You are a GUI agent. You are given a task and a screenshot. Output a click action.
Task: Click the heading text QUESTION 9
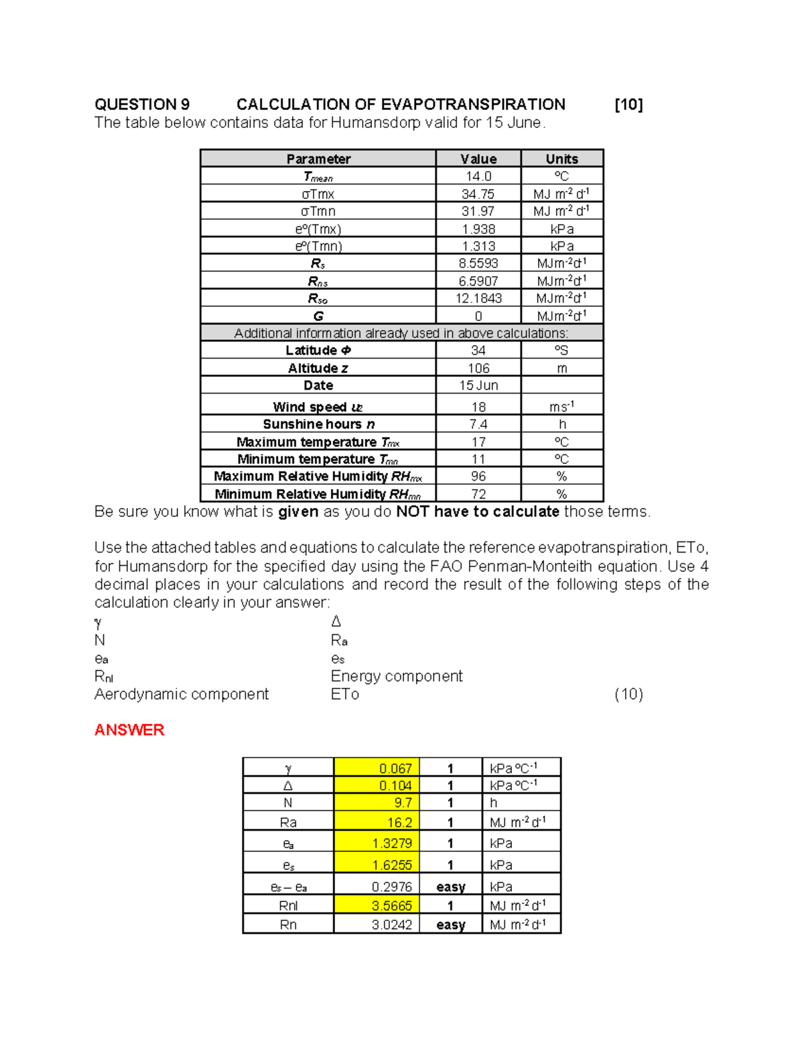point(142,105)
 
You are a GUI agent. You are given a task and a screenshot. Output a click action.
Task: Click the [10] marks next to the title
point(628,105)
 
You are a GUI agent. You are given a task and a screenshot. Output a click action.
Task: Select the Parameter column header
point(318,159)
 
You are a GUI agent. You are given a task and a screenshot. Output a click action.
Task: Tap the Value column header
point(478,159)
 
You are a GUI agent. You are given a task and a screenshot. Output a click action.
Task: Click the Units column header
point(561,159)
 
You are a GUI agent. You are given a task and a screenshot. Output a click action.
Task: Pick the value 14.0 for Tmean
point(478,176)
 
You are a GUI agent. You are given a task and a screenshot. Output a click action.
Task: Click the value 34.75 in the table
point(478,194)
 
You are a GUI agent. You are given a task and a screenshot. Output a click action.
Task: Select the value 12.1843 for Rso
point(478,298)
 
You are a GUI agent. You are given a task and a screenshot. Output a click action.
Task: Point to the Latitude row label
point(318,351)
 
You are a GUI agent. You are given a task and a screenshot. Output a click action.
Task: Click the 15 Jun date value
point(478,385)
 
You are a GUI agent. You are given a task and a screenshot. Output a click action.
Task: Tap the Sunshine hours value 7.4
point(478,424)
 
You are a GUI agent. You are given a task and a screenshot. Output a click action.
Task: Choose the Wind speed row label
point(318,407)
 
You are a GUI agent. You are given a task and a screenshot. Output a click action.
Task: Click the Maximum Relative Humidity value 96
point(478,477)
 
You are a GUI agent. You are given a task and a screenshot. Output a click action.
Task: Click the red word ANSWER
point(129,730)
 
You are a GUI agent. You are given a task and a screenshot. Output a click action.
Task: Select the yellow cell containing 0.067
point(377,768)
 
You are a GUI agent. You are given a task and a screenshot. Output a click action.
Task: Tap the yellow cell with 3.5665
point(377,906)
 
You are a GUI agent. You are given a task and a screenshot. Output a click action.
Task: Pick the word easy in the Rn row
point(450,925)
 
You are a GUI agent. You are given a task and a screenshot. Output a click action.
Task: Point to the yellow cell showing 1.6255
point(377,865)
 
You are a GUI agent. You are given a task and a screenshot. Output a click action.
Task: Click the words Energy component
point(396,676)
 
